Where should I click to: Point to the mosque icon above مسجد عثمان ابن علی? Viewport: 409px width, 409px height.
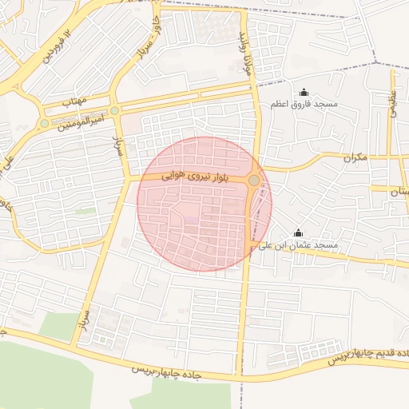coord(299,232)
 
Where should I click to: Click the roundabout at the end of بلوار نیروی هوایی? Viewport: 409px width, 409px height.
coord(254,181)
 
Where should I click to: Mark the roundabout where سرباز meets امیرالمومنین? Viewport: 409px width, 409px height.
coord(115,110)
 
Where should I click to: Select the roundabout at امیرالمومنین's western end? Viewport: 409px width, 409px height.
coord(44,123)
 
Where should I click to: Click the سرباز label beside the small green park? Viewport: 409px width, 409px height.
coord(84,320)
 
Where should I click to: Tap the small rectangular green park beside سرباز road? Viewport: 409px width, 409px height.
coord(85,210)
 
